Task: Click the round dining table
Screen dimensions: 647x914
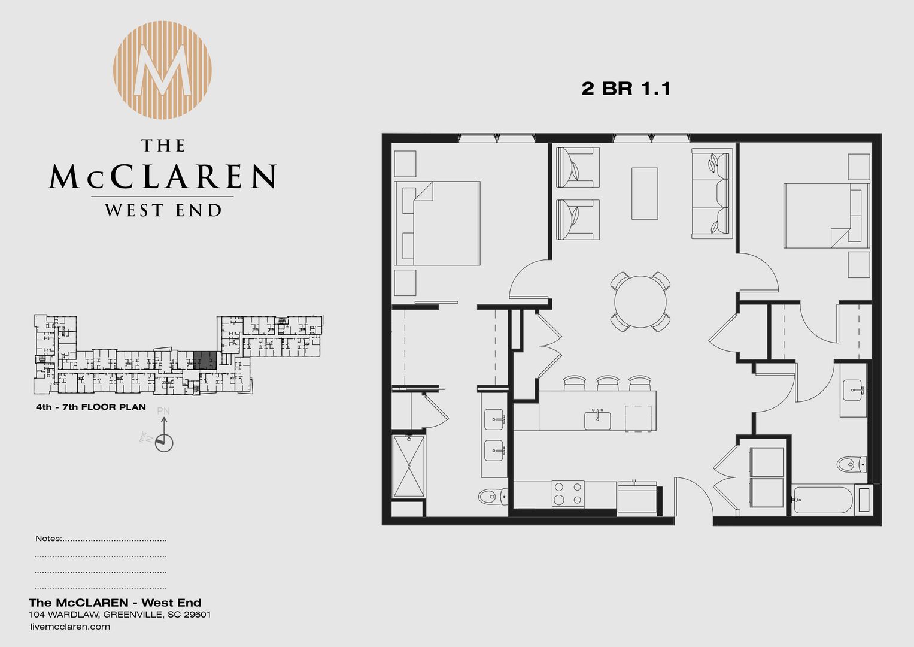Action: [x=640, y=301]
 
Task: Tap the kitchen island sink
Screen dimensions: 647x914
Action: [x=597, y=419]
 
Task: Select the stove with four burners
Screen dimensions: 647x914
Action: [x=567, y=494]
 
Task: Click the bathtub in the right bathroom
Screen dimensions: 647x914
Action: [x=821, y=500]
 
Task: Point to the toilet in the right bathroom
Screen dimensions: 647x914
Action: [x=851, y=464]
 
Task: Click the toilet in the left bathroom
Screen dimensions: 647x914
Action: [x=493, y=497]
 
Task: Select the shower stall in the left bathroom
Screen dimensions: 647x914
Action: [x=409, y=467]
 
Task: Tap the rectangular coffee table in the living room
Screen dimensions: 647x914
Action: [x=645, y=194]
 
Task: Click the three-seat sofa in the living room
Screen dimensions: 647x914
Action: [x=712, y=194]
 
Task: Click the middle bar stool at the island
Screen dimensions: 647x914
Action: [x=608, y=383]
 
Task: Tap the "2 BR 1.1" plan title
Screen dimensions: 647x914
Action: [x=625, y=89]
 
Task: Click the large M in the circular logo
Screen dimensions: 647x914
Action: [x=163, y=71]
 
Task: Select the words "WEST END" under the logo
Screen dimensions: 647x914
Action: [x=163, y=210]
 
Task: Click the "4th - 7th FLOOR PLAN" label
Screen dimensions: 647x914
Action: [x=90, y=407]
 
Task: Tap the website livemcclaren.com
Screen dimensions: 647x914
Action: [x=69, y=627]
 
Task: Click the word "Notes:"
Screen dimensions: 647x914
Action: [x=48, y=538]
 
